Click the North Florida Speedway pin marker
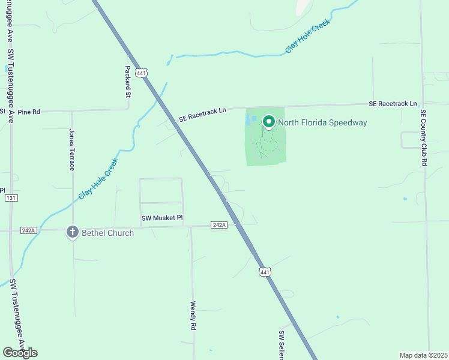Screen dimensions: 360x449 coord(269,122)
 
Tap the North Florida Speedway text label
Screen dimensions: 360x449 coord(322,123)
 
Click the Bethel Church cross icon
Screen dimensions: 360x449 coord(72,232)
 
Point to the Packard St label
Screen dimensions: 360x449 coord(128,82)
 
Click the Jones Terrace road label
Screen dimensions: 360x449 coord(72,149)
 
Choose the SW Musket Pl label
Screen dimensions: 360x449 coord(162,218)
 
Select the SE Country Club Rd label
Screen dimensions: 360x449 coord(423,137)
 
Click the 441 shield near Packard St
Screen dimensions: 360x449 coord(141,73)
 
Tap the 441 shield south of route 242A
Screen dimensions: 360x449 coord(265,272)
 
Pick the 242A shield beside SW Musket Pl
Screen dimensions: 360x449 coord(220,225)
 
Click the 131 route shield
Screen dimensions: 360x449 coord(10,197)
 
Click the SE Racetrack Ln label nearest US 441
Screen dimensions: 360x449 coord(202,115)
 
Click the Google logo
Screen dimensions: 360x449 coord(20,353)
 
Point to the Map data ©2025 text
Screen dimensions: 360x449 coord(423,355)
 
